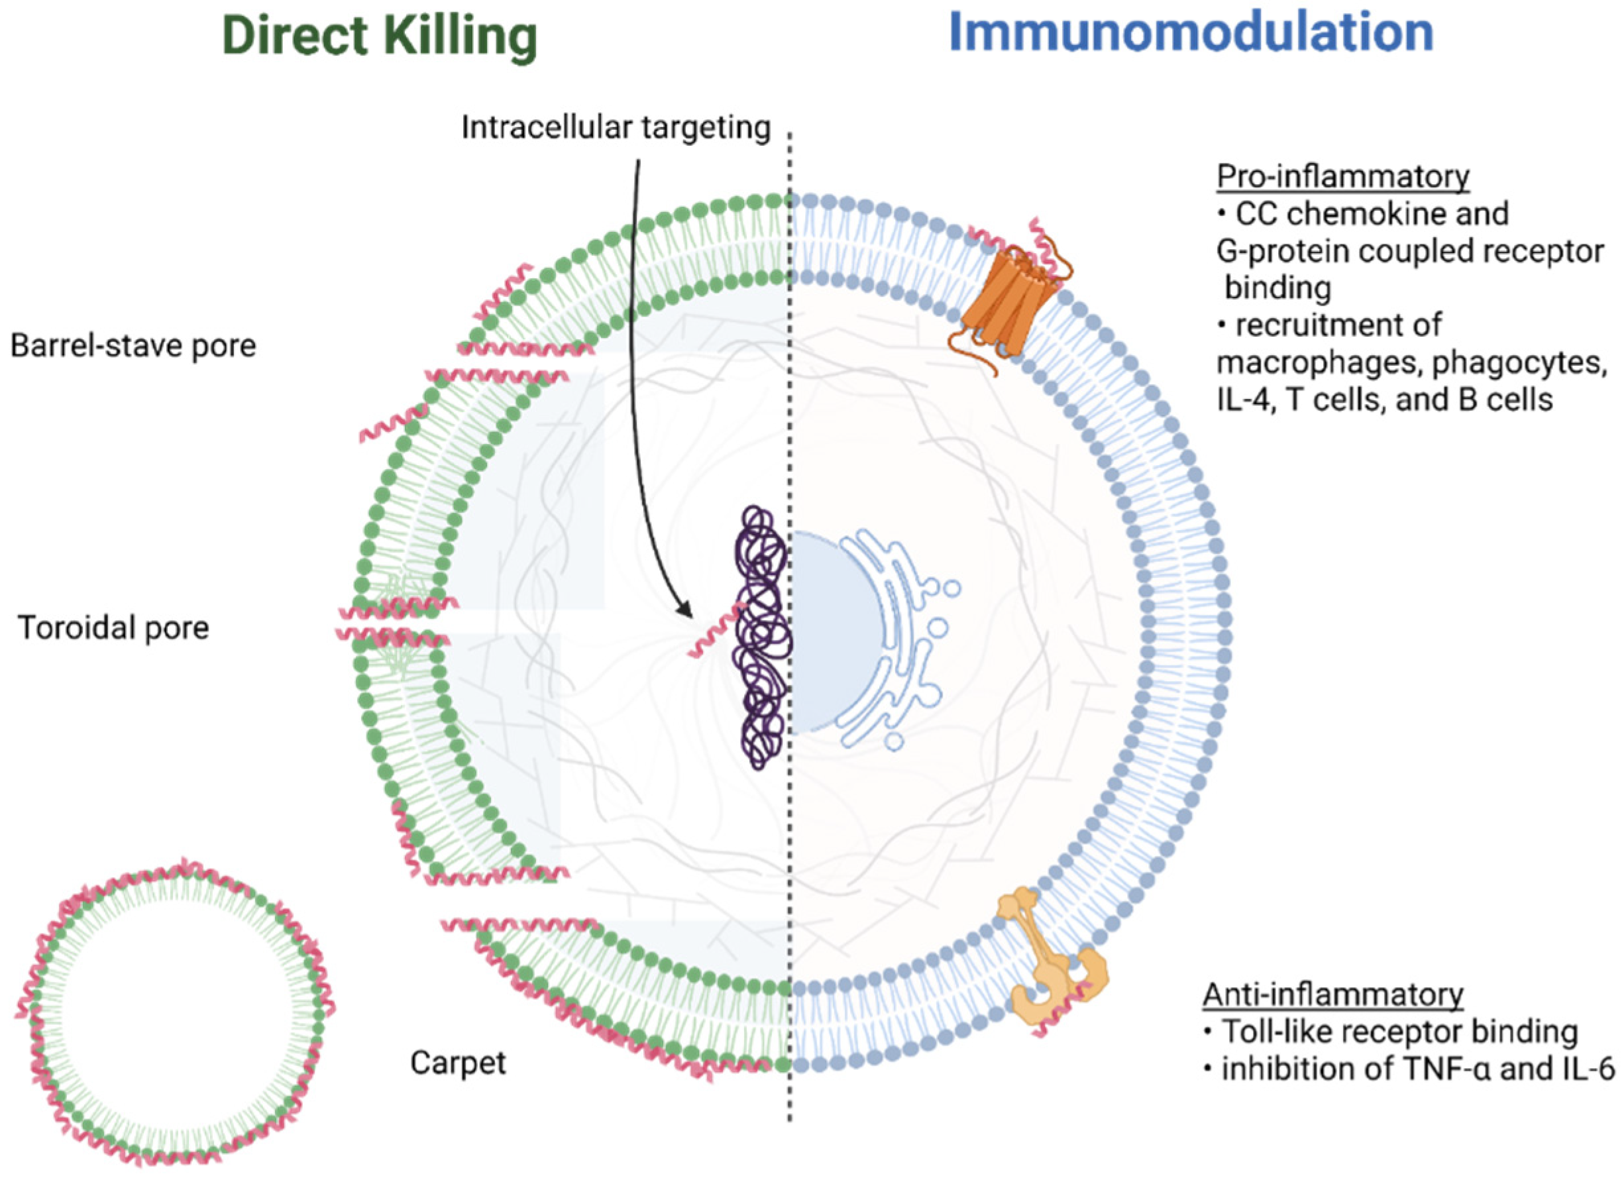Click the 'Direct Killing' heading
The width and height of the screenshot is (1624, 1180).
pos(380,36)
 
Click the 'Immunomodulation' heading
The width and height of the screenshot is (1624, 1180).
pos(1191,33)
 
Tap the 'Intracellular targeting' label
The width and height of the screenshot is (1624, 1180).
pos(615,128)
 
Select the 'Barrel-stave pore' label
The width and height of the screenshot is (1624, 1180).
pos(133,347)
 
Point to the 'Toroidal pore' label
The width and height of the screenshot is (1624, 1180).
pos(113,628)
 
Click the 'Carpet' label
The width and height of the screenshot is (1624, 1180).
pos(458,1063)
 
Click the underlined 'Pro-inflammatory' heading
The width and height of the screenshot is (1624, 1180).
pos(1342,176)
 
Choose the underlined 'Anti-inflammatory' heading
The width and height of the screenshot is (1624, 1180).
pos(1332,994)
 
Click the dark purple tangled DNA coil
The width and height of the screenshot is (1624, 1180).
pos(761,637)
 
